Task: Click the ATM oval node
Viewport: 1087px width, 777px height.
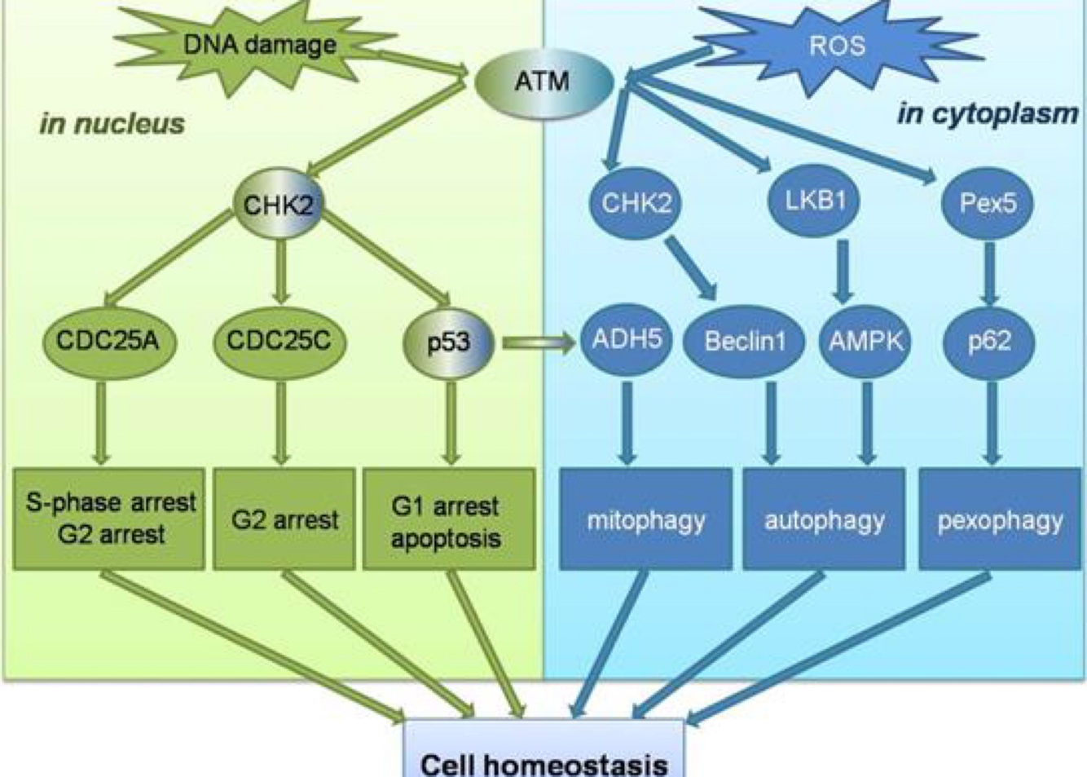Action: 543,82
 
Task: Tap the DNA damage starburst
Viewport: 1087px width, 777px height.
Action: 259,44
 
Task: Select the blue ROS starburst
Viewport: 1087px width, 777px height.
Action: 837,45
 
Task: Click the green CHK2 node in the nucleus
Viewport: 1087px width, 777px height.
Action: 279,204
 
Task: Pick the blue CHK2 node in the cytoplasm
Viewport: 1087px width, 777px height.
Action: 636,202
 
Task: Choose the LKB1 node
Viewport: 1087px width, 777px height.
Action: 815,201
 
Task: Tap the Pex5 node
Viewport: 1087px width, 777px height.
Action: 988,202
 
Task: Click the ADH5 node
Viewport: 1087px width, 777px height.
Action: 627,339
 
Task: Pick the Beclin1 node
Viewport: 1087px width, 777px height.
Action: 745,341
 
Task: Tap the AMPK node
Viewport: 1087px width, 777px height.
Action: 866,341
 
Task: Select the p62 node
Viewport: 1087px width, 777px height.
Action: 989,341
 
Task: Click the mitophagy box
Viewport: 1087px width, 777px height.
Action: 646,519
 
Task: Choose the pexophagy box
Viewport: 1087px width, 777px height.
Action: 1000,519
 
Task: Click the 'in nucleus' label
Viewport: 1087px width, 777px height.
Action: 112,123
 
